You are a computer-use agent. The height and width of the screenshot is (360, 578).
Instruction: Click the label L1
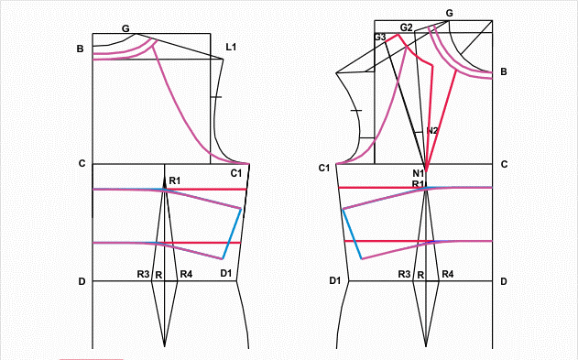(231, 47)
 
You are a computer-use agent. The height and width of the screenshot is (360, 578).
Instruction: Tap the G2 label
(406, 27)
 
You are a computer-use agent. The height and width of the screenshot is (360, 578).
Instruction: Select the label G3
(380, 38)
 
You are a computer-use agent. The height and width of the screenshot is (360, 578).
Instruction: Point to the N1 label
(419, 173)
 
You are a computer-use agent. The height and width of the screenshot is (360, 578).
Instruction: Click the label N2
(432, 130)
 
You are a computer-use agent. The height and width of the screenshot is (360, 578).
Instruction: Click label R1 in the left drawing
(175, 180)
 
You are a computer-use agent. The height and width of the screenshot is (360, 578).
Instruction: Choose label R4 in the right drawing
(448, 274)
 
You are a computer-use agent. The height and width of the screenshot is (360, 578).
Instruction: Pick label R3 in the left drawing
(144, 274)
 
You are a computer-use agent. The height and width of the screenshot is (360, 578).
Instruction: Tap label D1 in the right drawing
(334, 281)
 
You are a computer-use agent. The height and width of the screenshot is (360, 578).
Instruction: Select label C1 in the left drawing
(236, 173)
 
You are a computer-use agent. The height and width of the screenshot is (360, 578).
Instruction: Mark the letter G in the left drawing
(125, 28)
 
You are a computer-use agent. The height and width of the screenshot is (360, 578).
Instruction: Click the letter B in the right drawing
(504, 71)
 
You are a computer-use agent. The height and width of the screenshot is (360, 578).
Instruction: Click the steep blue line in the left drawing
(232, 234)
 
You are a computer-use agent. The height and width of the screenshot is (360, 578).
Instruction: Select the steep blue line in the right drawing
(353, 234)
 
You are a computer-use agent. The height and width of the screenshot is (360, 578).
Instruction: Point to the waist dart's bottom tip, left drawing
(164, 346)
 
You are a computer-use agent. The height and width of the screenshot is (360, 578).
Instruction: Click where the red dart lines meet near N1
(426, 171)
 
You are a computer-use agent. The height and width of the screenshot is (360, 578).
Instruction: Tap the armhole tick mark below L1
(216, 97)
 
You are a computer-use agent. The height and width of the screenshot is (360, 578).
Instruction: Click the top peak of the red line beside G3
(398, 35)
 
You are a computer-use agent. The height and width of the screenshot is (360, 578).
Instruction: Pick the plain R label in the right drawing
(420, 275)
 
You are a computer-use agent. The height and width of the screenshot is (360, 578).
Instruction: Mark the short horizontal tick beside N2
(418, 132)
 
